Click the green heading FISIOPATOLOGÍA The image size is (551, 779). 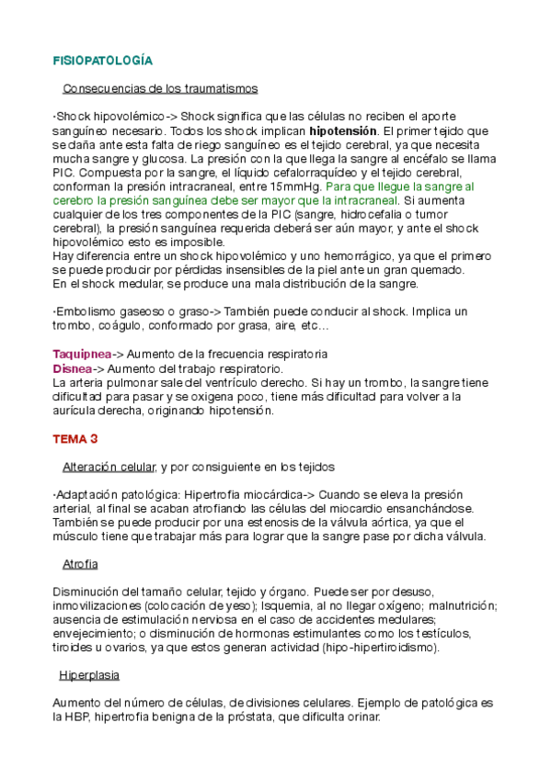102,61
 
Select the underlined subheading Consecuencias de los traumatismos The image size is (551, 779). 160,89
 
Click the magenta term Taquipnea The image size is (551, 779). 82,354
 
